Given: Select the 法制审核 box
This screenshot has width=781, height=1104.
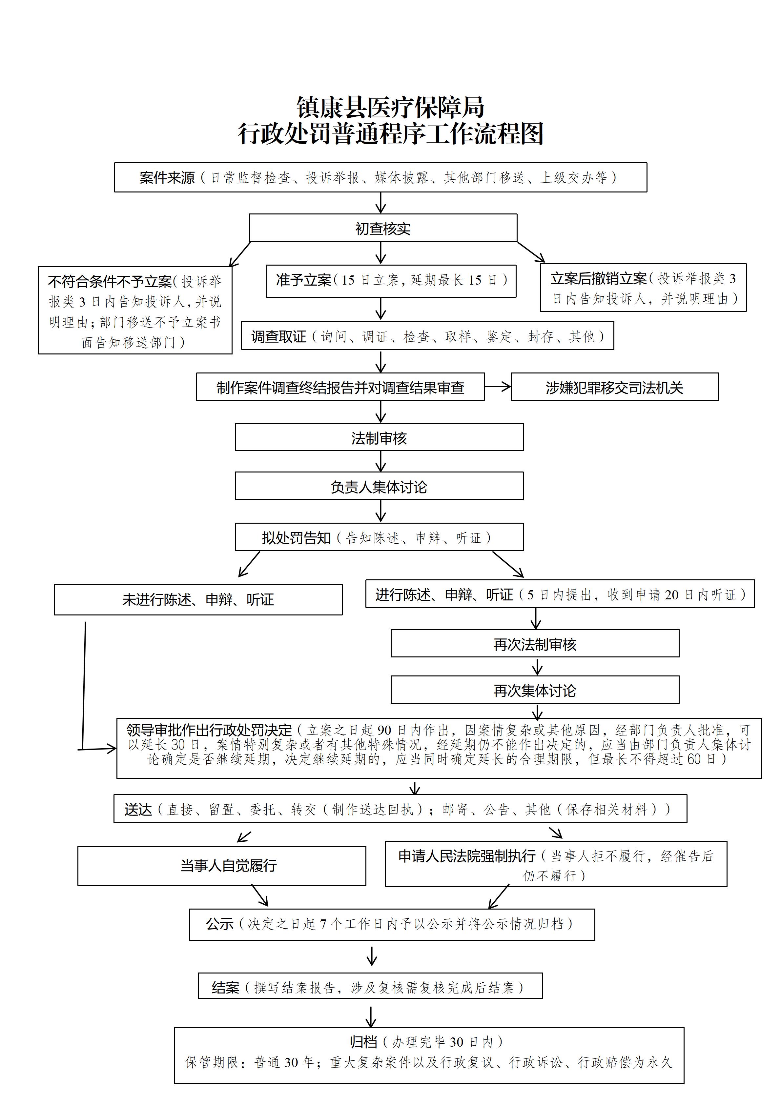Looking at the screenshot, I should point(379,437).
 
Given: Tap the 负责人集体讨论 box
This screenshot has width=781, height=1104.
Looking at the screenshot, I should point(379,486).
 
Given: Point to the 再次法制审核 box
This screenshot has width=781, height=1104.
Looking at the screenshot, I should point(534,644).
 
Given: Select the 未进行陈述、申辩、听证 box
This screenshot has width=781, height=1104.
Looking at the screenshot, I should point(198,600).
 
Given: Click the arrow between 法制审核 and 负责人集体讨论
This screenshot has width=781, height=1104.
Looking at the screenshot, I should point(380,461).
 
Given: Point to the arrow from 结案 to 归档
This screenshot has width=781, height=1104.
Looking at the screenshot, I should point(371,1015).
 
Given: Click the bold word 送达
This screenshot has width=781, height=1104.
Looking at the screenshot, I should point(138,810).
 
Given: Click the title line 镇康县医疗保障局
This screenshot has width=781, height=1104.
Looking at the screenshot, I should point(390,107).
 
